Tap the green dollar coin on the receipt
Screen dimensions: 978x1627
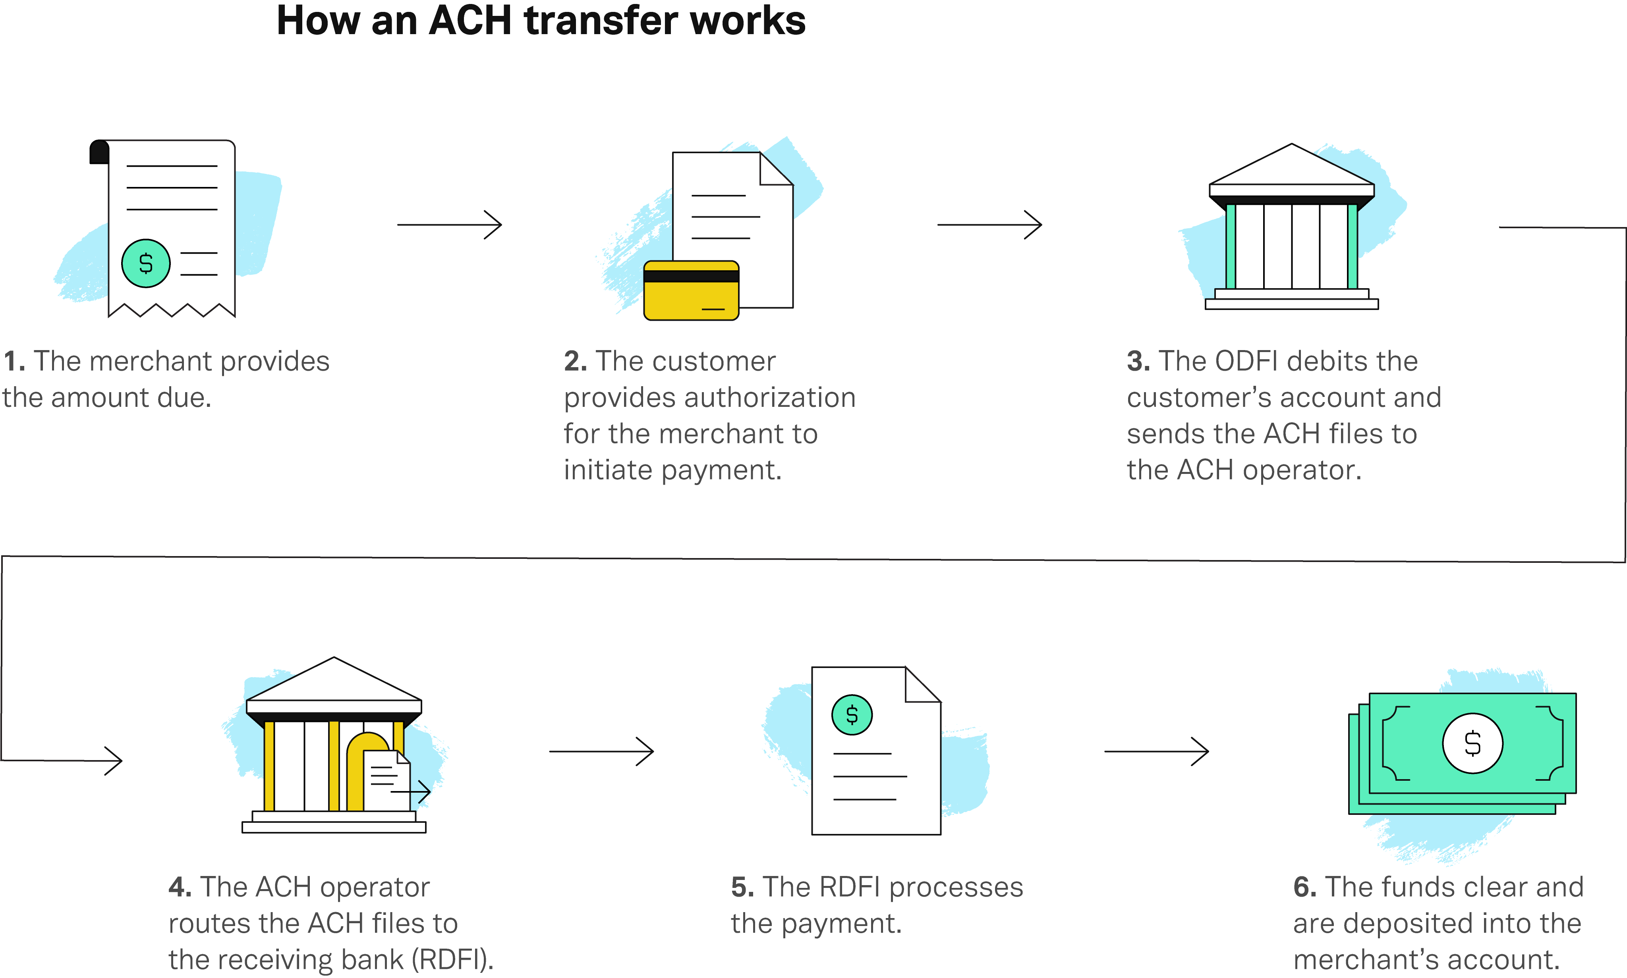pyautogui.click(x=146, y=264)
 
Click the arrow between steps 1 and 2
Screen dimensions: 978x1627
pyautogui.click(x=449, y=225)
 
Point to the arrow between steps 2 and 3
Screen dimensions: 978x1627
pyautogui.click(x=989, y=225)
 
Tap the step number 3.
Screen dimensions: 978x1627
pyautogui.click(x=1138, y=361)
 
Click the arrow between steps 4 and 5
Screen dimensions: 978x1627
pyautogui.click(x=601, y=751)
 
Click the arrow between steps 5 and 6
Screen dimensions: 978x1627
pyautogui.click(x=1156, y=751)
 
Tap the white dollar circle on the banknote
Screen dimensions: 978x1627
pyautogui.click(x=1472, y=743)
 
